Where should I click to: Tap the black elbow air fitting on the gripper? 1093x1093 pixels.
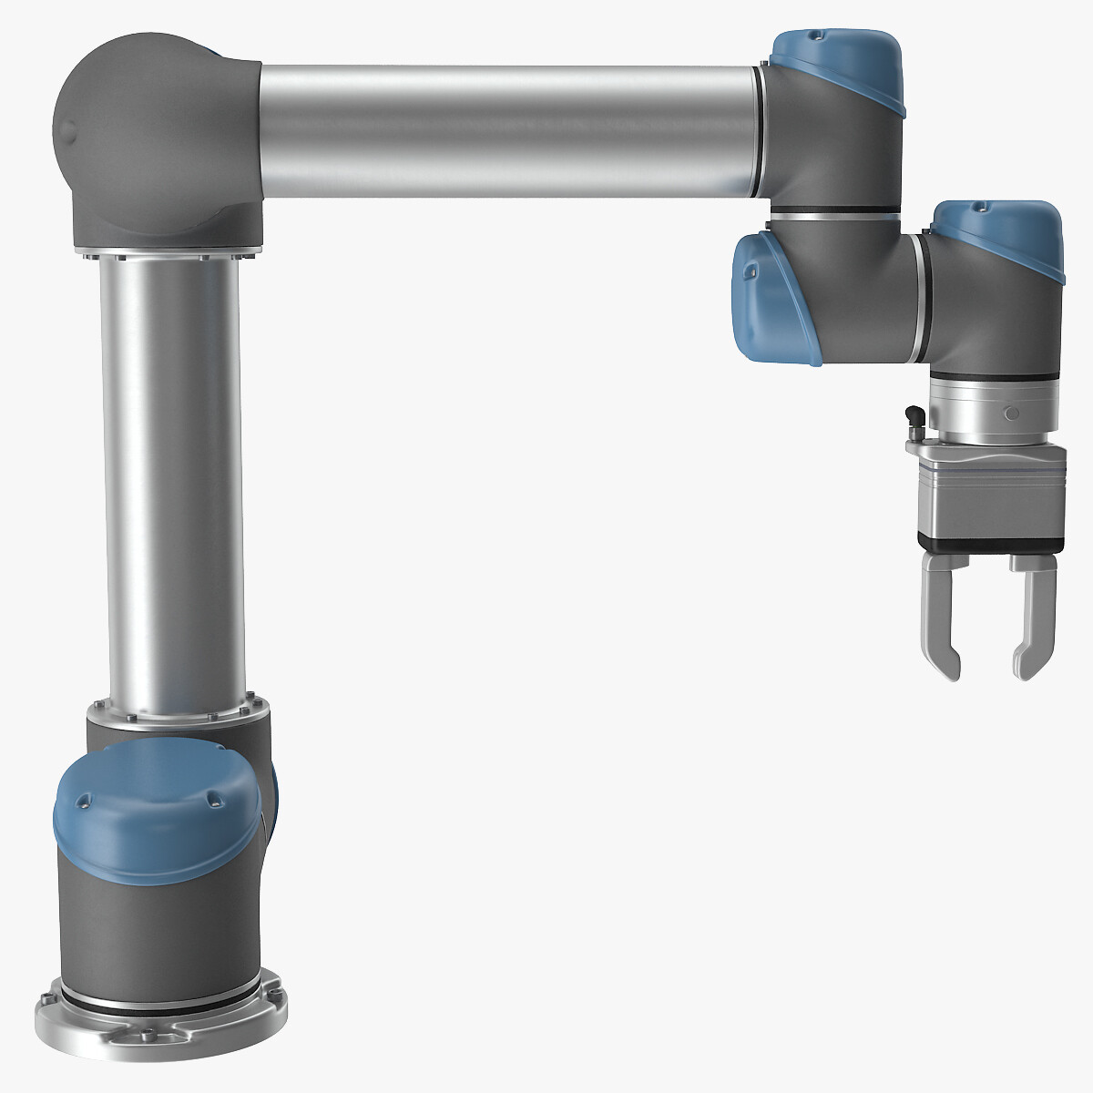(x=913, y=420)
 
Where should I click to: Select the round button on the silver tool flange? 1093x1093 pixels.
(x=1007, y=414)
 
